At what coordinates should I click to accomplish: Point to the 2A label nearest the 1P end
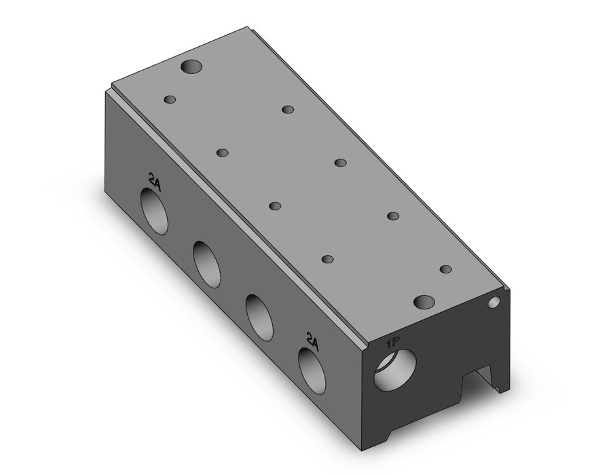pyautogui.click(x=313, y=340)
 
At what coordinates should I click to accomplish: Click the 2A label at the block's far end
pyautogui.click(x=153, y=181)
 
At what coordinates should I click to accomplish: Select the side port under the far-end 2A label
pyautogui.click(x=154, y=211)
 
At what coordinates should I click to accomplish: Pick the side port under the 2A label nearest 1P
pyautogui.click(x=312, y=370)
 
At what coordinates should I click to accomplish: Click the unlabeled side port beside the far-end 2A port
pyautogui.click(x=207, y=265)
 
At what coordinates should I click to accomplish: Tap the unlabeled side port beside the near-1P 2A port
pyautogui.click(x=259, y=317)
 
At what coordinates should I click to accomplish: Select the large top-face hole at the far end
pyautogui.click(x=192, y=66)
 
